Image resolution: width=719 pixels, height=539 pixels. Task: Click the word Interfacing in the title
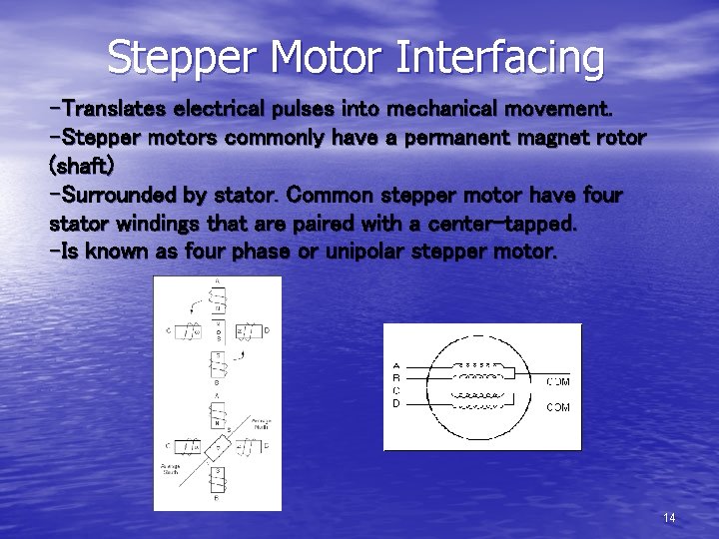point(499,57)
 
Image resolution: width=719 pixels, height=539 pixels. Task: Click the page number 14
point(669,517)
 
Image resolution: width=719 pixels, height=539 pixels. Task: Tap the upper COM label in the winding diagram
point(557,381)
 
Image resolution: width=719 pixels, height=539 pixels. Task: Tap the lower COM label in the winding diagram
point(557,407)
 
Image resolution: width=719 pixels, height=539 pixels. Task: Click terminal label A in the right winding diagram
point(397,366)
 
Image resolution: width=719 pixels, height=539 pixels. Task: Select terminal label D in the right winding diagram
point(397,403)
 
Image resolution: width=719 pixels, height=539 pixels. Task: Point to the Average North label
point(262,423)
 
